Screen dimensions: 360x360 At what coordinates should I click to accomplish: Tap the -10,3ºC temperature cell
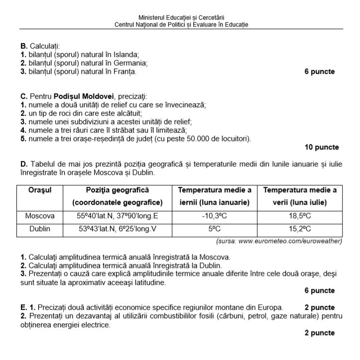(214, 217)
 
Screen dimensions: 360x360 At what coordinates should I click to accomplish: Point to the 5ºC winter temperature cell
(214, 230)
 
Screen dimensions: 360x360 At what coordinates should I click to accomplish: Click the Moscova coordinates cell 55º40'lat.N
(118, 217)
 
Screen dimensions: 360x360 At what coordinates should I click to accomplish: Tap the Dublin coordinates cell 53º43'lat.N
(118, 230)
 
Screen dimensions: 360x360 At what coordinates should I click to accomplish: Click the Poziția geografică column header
(118, 190)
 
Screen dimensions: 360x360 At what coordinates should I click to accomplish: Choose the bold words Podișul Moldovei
(85, 96)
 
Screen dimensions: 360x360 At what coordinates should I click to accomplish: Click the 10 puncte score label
(321, 147)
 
